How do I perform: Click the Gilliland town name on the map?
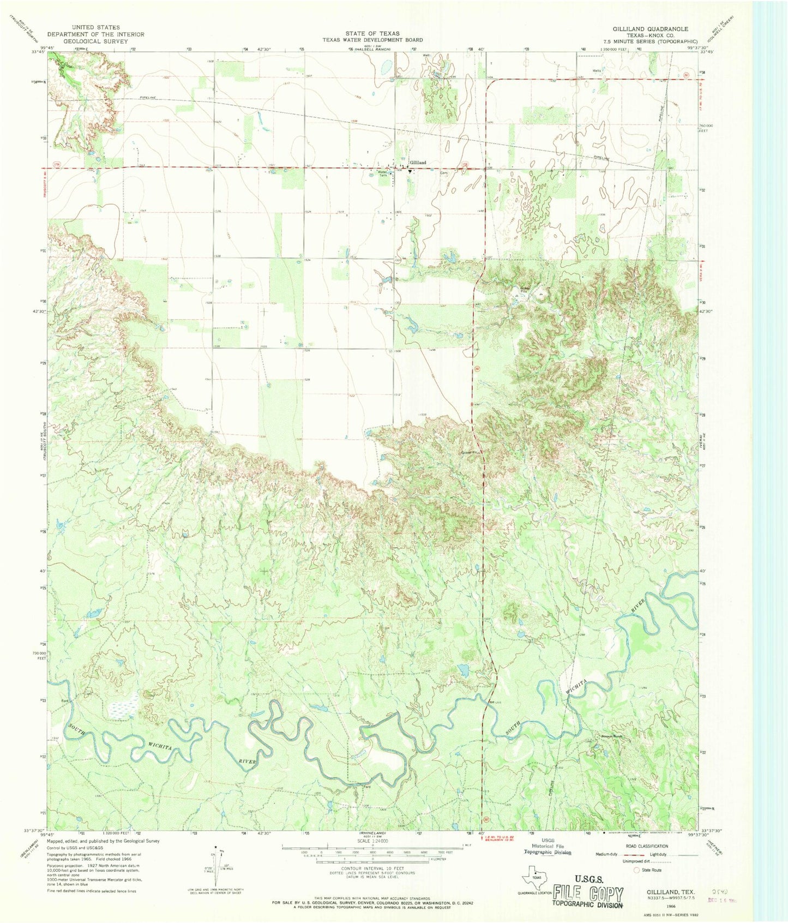(x=418, y=163)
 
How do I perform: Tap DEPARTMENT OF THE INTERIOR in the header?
(x=96, y=34)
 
